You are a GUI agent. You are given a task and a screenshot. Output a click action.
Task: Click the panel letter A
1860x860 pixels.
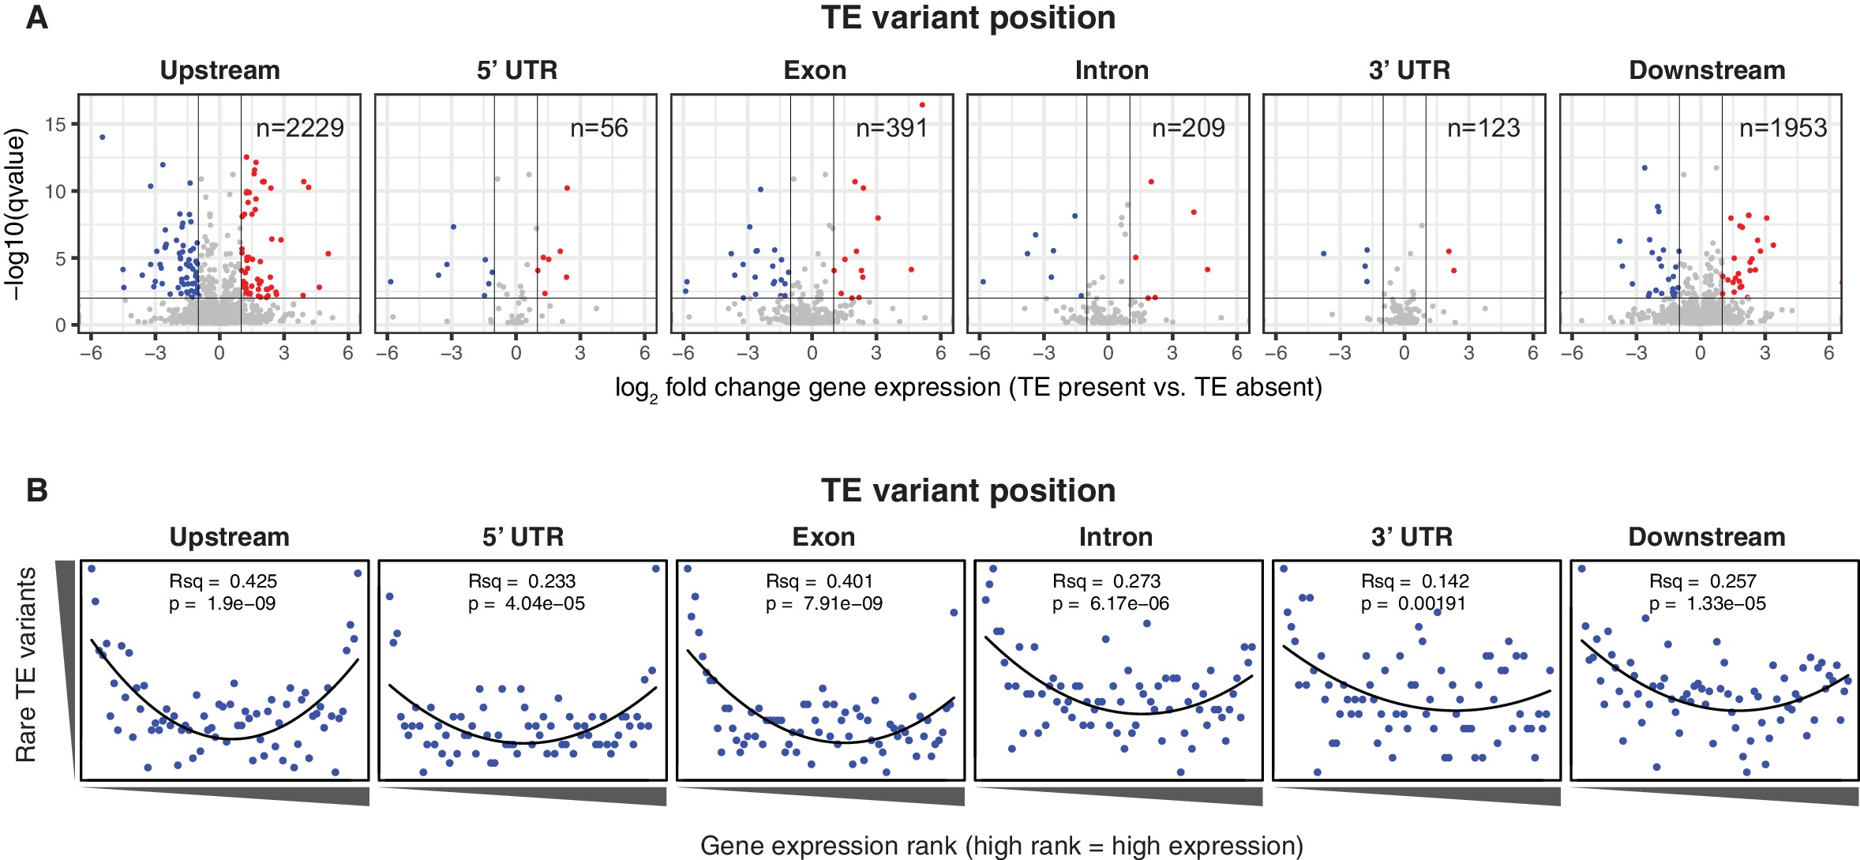pos(37,17)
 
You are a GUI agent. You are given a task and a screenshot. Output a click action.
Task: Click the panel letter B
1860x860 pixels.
pos(37,490)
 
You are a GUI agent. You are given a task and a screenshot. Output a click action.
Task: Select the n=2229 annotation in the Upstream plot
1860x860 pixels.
pos(300,128)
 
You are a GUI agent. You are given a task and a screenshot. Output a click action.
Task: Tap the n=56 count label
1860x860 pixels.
pos(598,128)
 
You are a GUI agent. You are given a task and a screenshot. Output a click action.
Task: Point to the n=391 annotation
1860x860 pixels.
pos(892,128)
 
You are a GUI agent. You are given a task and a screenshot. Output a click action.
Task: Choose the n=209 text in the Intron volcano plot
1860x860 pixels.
pos(1188,128)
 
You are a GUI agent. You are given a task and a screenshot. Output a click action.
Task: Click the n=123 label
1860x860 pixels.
pos(1483,128)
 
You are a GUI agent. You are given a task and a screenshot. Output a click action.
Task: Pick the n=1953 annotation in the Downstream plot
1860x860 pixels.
pos(1783,128)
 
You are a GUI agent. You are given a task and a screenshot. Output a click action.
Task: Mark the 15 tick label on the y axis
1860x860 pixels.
pos(55,124)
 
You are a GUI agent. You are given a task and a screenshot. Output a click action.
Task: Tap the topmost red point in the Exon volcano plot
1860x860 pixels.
pos(922,105)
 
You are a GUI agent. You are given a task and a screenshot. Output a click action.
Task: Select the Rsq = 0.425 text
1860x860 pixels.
pos(223,581)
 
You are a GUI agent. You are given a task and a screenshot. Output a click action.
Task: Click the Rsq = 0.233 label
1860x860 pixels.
pos(522,581)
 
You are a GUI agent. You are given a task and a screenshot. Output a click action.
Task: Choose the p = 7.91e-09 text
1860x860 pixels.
pos(823,604)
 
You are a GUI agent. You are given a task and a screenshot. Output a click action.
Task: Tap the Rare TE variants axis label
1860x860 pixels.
pos(26,664)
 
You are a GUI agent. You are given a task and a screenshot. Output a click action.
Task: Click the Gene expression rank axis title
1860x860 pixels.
pos(1001,846)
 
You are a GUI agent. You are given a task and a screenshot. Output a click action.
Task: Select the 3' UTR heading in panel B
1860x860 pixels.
pos(1412,537)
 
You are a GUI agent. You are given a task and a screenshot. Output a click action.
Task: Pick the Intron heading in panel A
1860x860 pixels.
pos(1112,70)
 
